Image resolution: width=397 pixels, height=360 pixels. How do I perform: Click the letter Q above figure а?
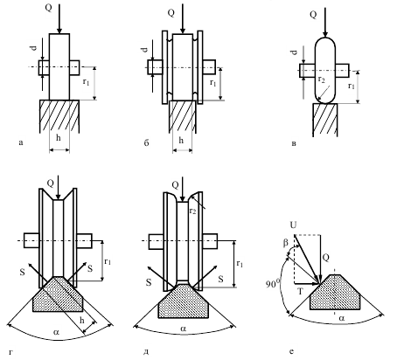coord(49,7)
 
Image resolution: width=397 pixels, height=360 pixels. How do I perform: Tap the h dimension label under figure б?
coord(181,141)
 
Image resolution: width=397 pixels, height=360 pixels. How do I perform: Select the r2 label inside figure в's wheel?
coord(321,80)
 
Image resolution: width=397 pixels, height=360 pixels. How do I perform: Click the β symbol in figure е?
coord(285,243)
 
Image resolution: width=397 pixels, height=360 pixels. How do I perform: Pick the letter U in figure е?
coord(293,225)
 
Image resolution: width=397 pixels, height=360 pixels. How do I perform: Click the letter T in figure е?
coord(301,291)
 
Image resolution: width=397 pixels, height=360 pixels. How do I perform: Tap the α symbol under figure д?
coord(183,329)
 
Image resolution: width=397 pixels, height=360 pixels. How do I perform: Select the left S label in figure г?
coord(23,272)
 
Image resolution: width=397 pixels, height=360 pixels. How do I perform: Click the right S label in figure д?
coord(221,279)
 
